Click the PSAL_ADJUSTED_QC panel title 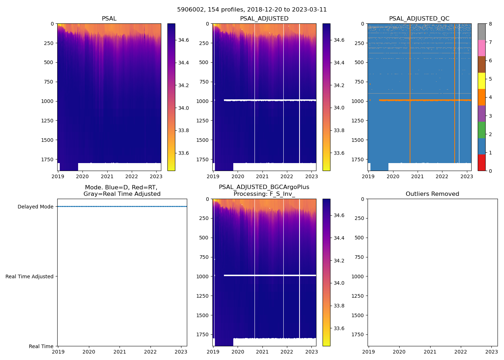419,19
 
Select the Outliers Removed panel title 432,194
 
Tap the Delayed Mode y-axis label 35,207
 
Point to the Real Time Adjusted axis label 29,276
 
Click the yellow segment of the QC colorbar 481,81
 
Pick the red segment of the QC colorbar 481,162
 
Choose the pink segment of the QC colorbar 481,48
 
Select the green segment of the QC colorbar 481,130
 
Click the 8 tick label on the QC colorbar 490,24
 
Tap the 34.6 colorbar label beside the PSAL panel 184,40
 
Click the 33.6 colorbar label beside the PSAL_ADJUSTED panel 339,153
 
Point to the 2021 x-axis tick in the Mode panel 120,352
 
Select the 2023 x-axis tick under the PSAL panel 156,176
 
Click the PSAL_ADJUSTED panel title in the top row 264,19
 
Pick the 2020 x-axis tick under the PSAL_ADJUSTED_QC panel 393,176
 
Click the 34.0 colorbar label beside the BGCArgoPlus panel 339,283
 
